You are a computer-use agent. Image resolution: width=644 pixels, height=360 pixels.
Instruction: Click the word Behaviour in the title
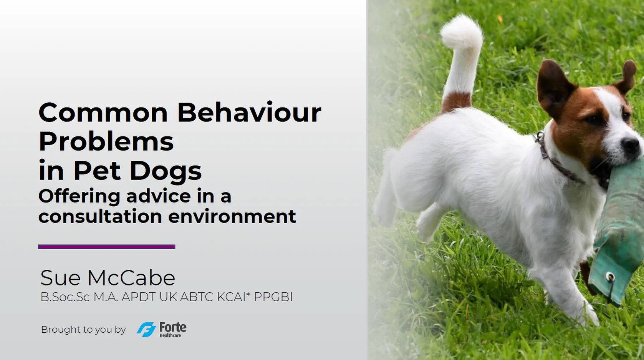[x=249, y=113]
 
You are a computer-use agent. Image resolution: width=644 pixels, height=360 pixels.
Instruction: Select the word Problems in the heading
[x=106, y=141]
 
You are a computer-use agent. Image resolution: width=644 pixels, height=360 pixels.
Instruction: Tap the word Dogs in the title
[x=166, y=171]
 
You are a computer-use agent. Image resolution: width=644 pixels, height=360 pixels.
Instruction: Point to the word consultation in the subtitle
[x=100, y=216]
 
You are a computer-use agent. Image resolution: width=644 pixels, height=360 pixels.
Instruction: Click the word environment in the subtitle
[x=232, y=216]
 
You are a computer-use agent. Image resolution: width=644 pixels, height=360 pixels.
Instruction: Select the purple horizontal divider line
[x=106, y=247]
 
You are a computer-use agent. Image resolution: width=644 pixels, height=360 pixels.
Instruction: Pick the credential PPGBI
[x=273, y=297]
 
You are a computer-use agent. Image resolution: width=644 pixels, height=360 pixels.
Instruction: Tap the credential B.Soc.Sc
[x=65, y=297]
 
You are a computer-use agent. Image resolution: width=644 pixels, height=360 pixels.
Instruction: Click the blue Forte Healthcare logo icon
[x=146, y=329]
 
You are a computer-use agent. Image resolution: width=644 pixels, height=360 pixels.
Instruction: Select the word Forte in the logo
[x=173, y=327]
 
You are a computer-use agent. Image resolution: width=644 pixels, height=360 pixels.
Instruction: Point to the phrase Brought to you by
[x=83, y=330]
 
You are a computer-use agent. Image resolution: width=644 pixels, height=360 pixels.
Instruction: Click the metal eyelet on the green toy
[x=610, y=277]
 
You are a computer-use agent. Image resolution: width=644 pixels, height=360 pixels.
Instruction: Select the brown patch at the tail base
[x=457, y=102]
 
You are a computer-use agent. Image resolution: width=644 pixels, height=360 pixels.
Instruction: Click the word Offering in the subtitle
[x=79, y=196]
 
